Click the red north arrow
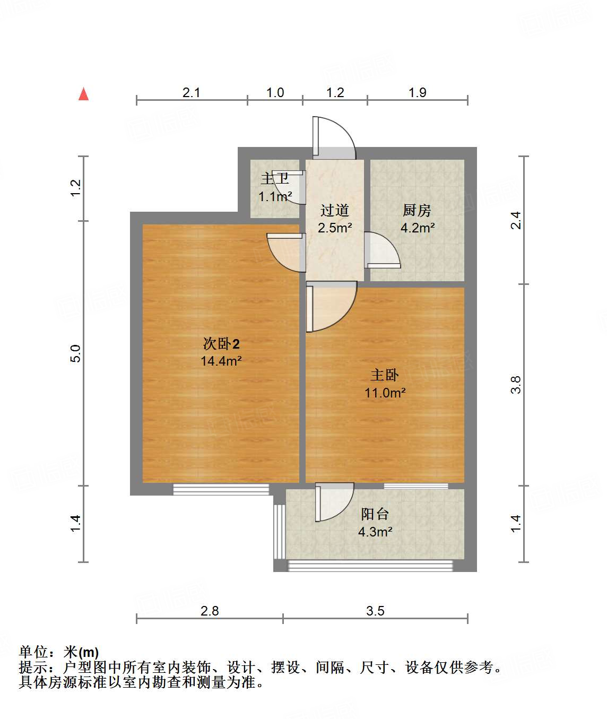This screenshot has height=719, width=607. click(x=83, y=94)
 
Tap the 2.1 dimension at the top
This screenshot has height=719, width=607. click(x=191, y=92)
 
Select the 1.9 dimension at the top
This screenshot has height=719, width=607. click(x=417, y=92)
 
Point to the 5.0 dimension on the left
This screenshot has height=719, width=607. click(x=76, y=353)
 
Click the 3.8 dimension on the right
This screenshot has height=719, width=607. click(x=516, y=384)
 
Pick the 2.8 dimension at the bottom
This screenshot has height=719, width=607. click(x=210, y=611)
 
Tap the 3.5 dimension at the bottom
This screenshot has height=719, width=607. click(x=375, y=611)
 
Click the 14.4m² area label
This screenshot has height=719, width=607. click(x=221, y=361)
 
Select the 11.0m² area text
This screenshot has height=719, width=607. click(x=385, y=393)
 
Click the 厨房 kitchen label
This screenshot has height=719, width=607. click(x=417, y=211)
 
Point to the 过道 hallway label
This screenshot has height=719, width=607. click(x=334, y=211)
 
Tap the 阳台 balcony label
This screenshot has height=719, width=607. click(x=375, y=514)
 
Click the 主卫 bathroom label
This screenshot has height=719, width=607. click(x=274, y=179)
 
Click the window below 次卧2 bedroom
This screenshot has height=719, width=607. click(x=221, y=489)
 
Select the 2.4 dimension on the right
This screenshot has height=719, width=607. click(x=516, y=220)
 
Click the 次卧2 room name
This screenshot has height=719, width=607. click(x=221, y=344)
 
